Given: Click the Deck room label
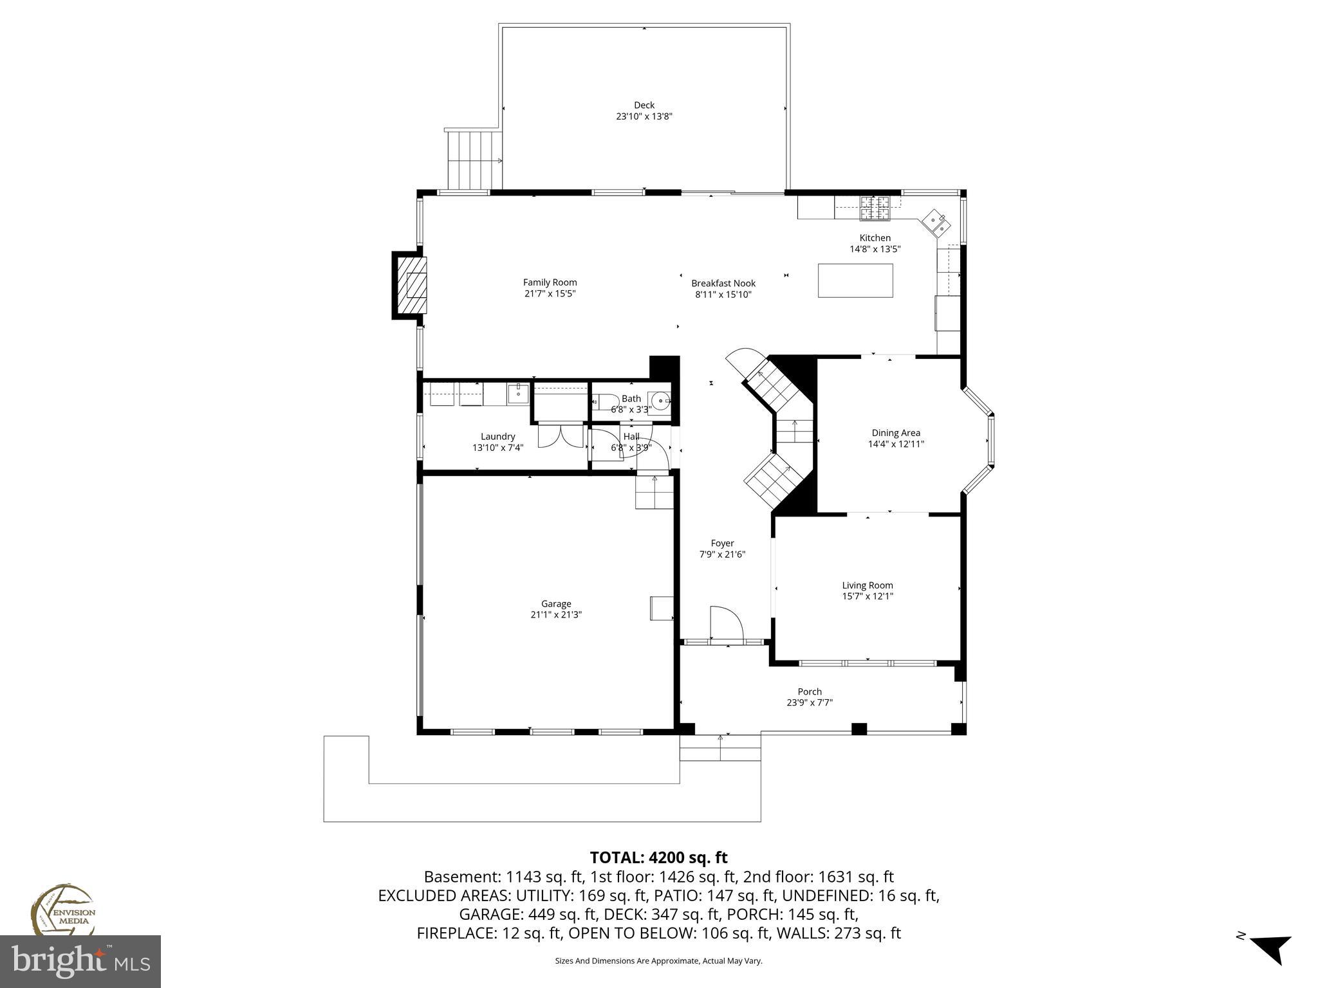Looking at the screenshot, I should point(644,105).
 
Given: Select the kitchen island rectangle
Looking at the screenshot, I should point(855,280).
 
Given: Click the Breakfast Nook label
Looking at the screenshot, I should point(723,283).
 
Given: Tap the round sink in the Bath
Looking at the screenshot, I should point(660,402).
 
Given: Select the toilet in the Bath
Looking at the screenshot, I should point(604,403).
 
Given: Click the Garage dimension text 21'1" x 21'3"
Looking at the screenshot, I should point(555,615).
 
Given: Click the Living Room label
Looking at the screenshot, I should point(867,585).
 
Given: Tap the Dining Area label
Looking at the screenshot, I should point(895,433).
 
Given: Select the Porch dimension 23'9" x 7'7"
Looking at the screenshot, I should point(809,703).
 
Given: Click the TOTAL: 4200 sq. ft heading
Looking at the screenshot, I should point(658,857).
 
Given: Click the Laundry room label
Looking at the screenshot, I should point(497,436).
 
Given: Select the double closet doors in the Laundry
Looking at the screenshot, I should point(561,435).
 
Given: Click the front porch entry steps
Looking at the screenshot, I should point(719,748).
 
